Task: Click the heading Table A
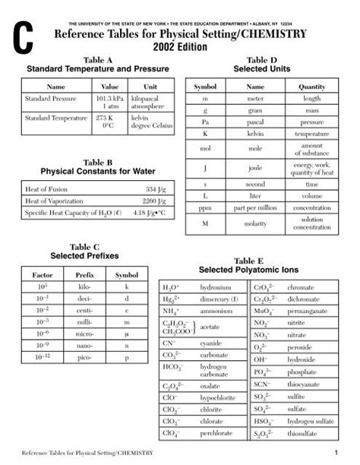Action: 97,59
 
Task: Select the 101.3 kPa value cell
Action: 110,100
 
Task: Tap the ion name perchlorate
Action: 217,433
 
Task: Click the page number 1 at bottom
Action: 334,454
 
